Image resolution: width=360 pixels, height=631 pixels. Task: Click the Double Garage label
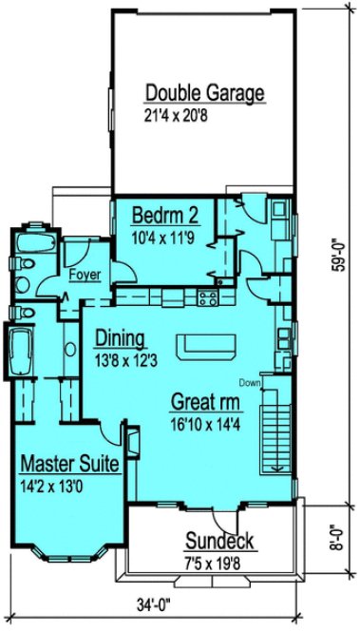(203, 93)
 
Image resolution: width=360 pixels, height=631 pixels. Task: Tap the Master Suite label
(69, 466)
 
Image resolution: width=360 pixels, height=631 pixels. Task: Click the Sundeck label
(218, 544)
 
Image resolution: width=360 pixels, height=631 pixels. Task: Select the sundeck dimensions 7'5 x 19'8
(219, 564)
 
